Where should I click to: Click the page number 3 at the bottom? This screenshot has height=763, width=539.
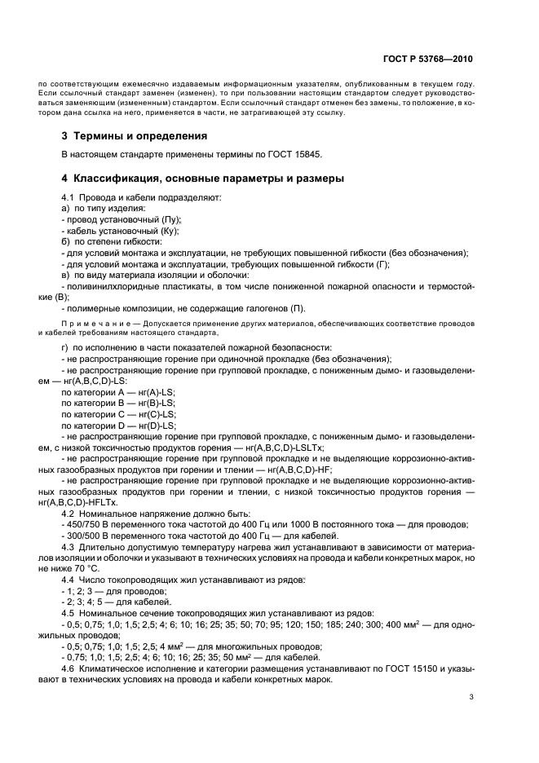tap(471, 697)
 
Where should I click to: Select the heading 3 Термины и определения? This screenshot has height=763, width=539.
tap(135, 135)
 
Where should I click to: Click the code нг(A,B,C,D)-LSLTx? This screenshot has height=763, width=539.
tap(285, 447)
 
